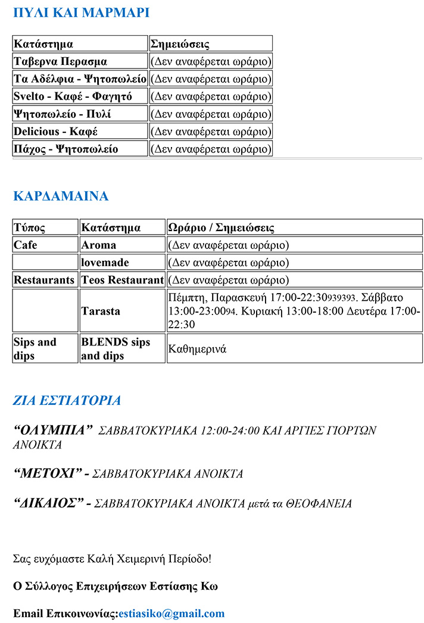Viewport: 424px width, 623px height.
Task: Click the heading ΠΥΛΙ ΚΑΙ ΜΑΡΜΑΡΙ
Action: [x=81, y=13]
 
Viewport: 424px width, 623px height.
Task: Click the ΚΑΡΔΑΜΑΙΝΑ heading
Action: [x=61, y=197]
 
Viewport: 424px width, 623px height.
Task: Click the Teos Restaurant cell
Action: [x=122, y=280]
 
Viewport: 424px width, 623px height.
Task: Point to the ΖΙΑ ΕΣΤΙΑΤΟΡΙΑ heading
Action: [x=67, y=400]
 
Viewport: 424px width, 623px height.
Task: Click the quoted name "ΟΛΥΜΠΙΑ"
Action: [x=54, y=429]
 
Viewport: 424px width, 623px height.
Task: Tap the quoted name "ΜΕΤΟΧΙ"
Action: [x=48, y=474]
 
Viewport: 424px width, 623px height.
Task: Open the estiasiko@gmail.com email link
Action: [x=172, y=613]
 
